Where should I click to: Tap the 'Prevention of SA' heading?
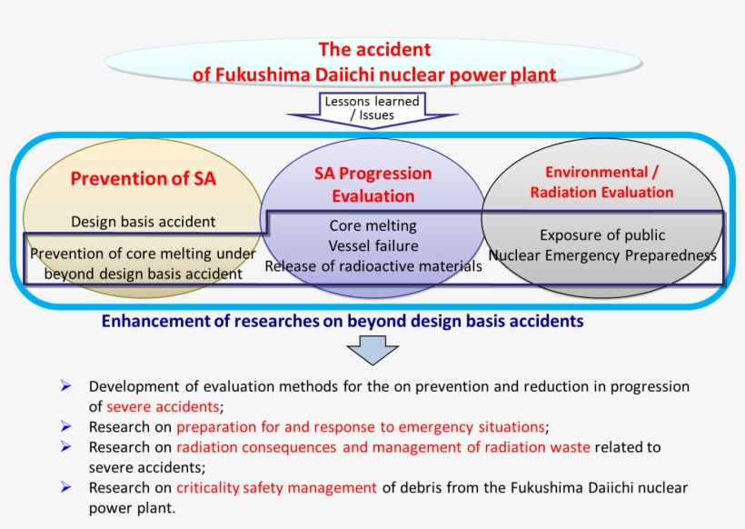point(144,178)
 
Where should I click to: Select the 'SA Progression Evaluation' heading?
point(372,185)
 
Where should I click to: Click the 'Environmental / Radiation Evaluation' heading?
point(601,182)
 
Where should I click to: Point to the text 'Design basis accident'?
point(144,221)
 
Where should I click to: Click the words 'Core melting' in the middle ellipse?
point(372,225)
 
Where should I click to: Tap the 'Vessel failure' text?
point(372,245)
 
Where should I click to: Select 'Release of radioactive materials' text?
point(372,265)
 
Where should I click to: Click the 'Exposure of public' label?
point(602,235)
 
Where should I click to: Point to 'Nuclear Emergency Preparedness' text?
point(602,255)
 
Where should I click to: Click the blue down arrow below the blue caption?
point(372,350)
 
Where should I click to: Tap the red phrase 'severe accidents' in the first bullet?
point(163,406)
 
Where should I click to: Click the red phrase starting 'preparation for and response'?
point(361,426)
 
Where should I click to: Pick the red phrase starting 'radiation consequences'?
point(382,447)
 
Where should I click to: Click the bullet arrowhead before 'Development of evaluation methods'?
point(66,386)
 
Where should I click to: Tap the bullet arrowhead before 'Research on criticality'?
point(66,488)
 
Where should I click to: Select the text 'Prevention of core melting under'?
point(144,255)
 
